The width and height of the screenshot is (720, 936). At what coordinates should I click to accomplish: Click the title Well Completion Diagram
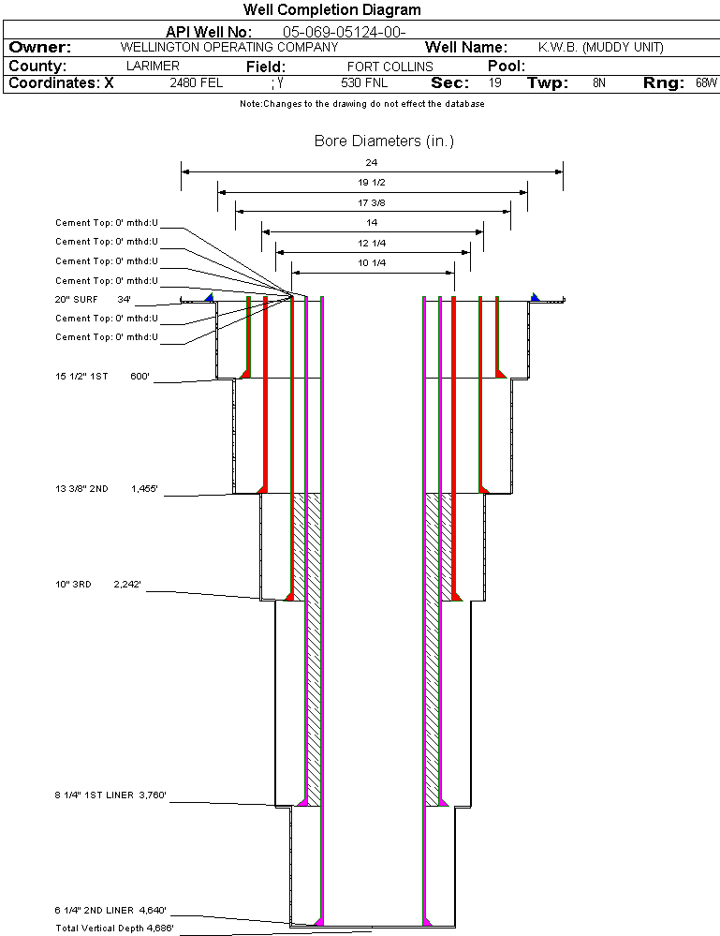[x=331, y=10]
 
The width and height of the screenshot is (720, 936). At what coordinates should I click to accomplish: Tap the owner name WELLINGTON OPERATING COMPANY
[x=229, y=47]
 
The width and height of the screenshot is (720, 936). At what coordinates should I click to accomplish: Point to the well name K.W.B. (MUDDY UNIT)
[x=600, y=47]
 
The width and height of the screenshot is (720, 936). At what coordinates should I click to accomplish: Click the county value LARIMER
[x=153, y=67]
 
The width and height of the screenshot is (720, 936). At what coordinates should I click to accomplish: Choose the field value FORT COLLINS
[x=389, y=67]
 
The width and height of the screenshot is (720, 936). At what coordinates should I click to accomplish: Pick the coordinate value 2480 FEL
[x=197, y=83]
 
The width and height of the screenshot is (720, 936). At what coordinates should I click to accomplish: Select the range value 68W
[x=706, y=83]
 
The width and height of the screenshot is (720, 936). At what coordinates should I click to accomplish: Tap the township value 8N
[x=599, y=83]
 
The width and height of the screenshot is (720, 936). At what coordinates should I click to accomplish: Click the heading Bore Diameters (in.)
[x=384, y=141]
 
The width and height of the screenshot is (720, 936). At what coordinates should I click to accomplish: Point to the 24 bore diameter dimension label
[x=372, y=162]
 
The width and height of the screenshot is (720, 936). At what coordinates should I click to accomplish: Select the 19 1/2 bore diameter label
[x=372, y=182]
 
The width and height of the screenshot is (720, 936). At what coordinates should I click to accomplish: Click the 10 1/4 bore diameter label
[x=372, y=263]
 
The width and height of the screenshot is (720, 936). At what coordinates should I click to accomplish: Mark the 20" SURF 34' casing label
[x=94, y=300]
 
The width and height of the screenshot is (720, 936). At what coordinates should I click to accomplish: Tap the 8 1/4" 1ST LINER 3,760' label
[x=110, y=795]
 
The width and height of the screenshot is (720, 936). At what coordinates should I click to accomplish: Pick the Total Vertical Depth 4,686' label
[x=114, y=929]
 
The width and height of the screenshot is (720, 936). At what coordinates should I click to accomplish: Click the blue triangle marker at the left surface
[x=209, y=297]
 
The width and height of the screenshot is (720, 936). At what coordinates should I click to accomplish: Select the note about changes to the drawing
[x=361, y=104]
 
